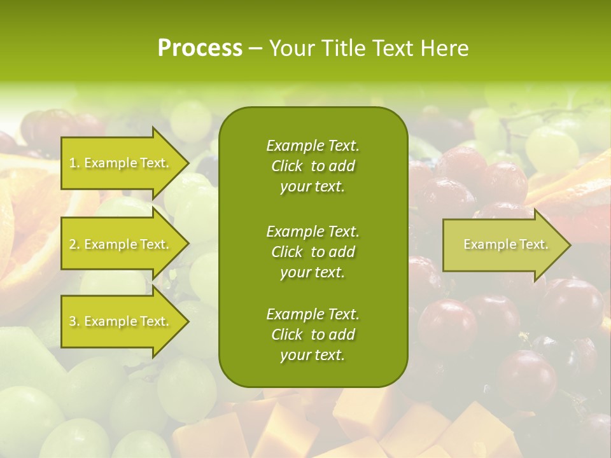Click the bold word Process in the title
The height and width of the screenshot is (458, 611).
(200, 48)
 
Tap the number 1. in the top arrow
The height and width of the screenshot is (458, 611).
(74, 163)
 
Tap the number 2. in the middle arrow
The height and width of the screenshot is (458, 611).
(74, 244)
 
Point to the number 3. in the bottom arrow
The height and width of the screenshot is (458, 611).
(74, 321)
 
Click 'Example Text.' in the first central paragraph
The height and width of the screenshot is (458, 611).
(313, 146)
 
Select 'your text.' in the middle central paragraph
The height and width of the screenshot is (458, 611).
(313, 272)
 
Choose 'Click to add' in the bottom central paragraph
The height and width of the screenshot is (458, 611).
(313, 335)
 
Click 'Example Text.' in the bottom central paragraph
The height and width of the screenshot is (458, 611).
(313, 314)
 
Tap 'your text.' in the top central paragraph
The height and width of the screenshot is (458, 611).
(313, 186)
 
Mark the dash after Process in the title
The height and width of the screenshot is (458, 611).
(255, 49)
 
